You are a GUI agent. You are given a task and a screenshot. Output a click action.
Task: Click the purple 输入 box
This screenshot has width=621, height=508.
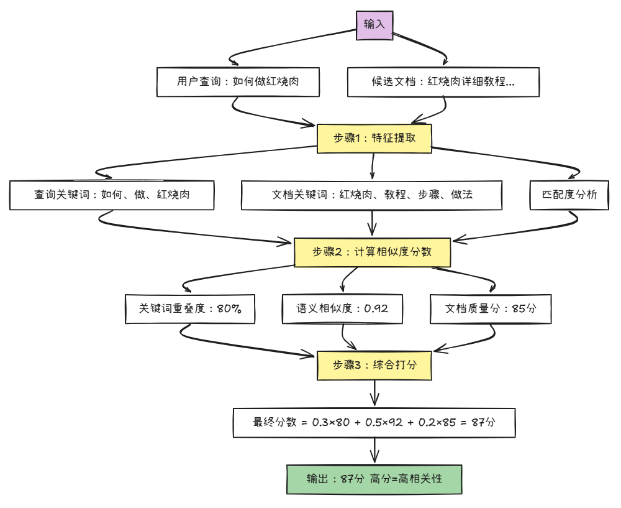point(374,24)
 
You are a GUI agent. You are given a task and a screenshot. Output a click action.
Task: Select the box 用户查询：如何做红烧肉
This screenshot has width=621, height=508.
point(238,81)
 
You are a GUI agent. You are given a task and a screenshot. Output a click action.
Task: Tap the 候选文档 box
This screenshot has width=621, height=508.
point(443,81)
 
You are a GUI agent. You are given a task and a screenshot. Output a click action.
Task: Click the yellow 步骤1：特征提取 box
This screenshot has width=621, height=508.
point(374,138)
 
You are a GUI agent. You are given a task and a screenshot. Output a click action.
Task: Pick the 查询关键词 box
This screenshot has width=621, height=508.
point(112,195)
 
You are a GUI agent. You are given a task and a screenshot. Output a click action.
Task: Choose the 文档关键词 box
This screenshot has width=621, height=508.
point(372,195)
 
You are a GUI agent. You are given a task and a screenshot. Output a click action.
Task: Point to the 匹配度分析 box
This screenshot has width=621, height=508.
point(569,195)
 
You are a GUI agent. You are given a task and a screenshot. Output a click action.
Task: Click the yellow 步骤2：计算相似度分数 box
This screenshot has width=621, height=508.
point(371,252)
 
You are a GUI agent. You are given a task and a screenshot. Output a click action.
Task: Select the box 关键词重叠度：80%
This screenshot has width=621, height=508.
point(190,308)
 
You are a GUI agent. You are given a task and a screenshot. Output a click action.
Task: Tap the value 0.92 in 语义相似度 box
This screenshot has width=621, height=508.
point(376,308)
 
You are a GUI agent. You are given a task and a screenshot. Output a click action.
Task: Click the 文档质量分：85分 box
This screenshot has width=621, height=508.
point(491,308)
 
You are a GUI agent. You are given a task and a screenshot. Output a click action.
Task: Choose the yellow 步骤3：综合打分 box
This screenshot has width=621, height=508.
point(374,365)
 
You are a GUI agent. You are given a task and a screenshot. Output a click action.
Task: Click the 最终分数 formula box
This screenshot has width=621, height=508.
point(374,422)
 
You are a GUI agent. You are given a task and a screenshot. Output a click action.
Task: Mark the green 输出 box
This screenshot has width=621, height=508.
point(374,479)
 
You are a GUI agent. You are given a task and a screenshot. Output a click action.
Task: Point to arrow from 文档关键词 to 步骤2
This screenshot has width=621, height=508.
point(372,223)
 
